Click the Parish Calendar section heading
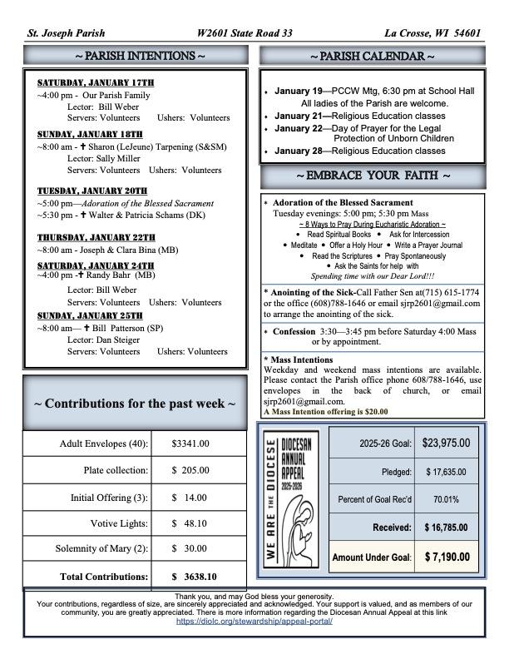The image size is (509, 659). click(x=372, y=56)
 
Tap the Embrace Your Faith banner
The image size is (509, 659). click(x=372, y=176)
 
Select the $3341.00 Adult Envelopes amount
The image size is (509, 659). click(x=190, y=443)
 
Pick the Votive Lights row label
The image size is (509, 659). click(x=119, y=523)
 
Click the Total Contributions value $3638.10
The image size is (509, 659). click(x=194, y=576)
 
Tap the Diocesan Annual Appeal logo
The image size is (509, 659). click(x=293, y=499)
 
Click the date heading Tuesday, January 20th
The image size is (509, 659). click(x=91, y=191)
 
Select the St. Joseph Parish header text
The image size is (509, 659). click(x=66, y=33)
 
